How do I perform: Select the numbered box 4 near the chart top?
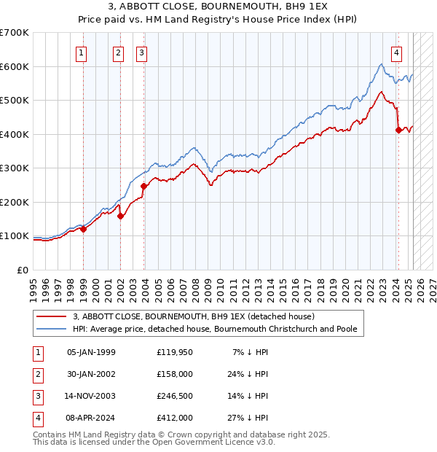click(396, 52)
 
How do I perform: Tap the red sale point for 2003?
click(143, 186)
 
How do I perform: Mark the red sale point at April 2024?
click(398, 130)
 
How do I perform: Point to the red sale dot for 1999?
click(83, 229)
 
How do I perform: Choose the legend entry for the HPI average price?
click(215, 329)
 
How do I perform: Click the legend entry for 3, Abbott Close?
click(193, 316)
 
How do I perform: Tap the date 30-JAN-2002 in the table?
click(91, 374)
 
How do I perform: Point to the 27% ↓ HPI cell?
click(251, 418)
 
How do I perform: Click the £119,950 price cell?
click(174, 352)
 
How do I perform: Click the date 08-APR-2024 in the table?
click(91, 418)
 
